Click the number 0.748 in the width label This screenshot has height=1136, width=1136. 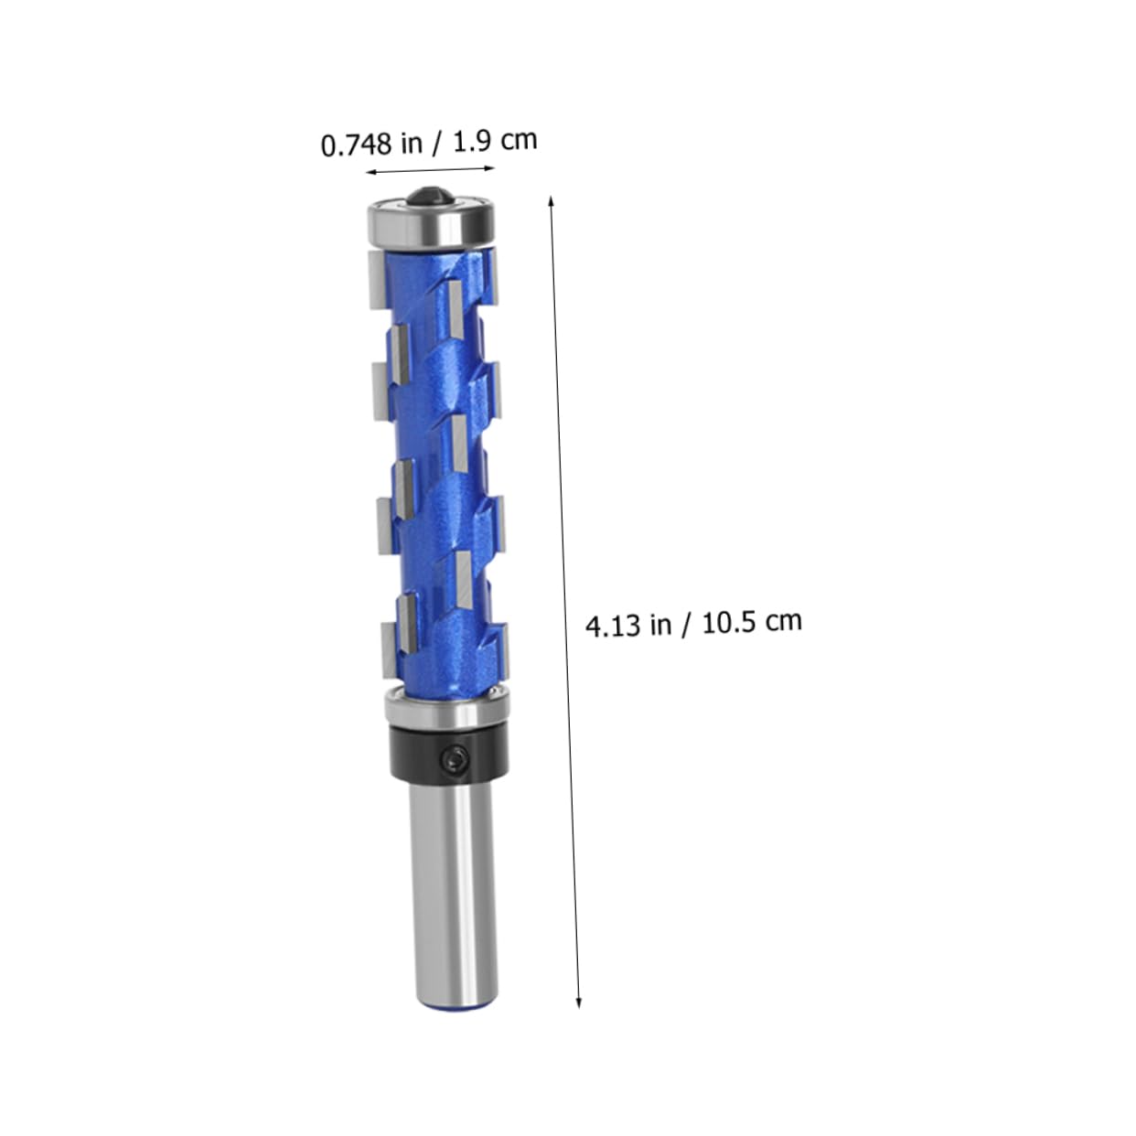click(x=356, y=145)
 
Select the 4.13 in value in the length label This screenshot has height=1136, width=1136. click(x=628, y=625)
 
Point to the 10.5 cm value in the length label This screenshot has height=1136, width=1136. click(x=752, y=621)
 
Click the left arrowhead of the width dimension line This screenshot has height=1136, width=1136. click(x=370, y=172)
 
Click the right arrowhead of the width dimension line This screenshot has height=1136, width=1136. click(x=489, y=168)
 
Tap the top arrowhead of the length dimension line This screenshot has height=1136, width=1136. click(x=552, y=201)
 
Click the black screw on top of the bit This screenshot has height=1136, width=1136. click(x=431, y=195)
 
